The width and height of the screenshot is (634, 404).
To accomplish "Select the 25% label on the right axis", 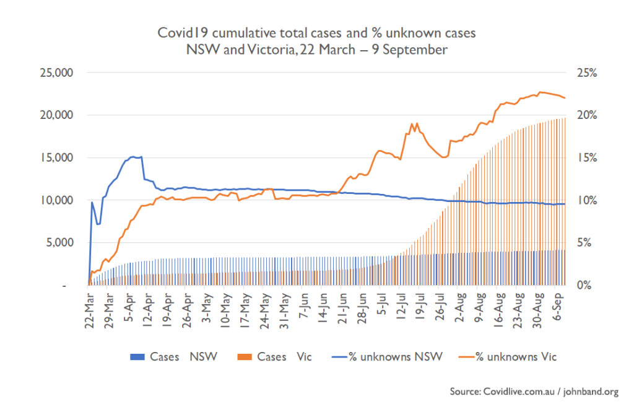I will point(587,72).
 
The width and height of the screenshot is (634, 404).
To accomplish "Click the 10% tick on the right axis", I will point(587,200).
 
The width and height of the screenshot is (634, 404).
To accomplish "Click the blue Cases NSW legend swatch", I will point(137,356).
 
